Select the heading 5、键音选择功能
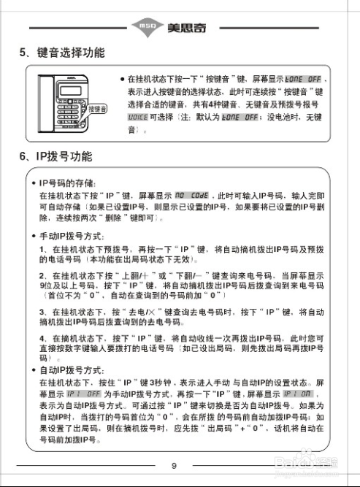(62, 53)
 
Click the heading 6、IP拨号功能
(56, 157)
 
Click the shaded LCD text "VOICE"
(137, 116)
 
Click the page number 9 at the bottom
(174, 465)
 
